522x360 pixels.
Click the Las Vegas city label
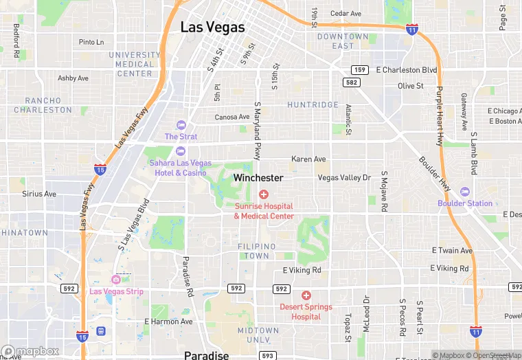coord(212,27)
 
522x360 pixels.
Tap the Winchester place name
coord(258,177)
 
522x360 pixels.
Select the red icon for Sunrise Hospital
coord(264,195)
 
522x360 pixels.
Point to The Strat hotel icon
coord(181,125)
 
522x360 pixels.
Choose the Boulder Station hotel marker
coord(465,192)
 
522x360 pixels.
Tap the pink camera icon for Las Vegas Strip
coord(116,280)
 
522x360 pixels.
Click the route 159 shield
coord(359,69)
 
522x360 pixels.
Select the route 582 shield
coord(351,82)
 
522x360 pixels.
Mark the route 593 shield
coord(268,355)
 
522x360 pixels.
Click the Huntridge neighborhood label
coord(313,105)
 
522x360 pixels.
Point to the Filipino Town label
coord(257,251)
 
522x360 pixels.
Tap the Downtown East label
coord(343,41)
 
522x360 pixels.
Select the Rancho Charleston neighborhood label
coord(43,105)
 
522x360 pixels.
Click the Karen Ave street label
coord(308,159)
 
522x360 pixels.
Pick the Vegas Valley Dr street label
coord(344,178)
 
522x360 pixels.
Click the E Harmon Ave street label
coord(168,322)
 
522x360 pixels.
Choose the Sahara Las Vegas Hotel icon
coord(181,151)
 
